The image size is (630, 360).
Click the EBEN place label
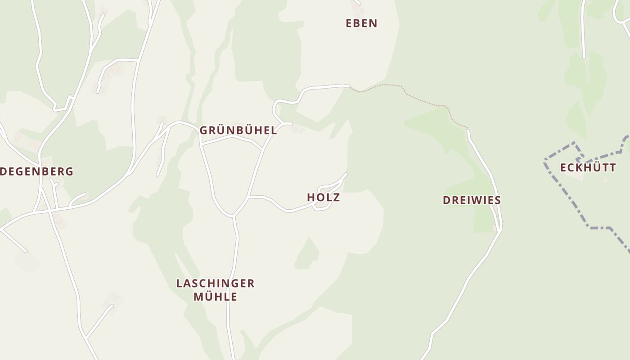coord(361,23)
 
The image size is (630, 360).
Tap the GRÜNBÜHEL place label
coord(238,130)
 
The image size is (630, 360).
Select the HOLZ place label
coord(323,198)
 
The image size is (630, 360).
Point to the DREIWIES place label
coord(472,200)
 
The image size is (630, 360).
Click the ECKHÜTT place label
coord(588,168)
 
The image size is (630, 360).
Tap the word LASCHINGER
coord(215,283)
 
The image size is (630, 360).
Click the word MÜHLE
coord(215,297)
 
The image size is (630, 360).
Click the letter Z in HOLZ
coord(336,198)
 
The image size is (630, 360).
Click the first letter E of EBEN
coord(349,23)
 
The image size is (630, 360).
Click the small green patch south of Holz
coord(307,254)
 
